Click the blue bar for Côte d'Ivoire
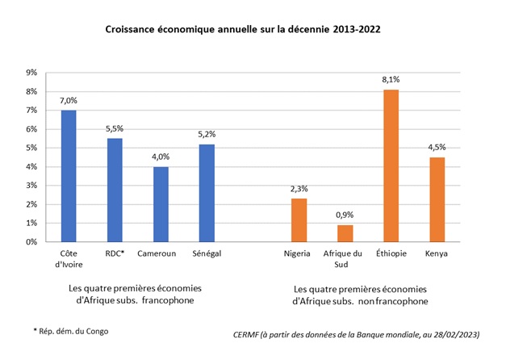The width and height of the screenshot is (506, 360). [69, 176]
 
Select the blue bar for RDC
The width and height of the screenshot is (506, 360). [115, 190]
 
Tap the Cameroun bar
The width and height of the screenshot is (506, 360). [161, 204]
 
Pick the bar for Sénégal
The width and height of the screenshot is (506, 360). [207, 193]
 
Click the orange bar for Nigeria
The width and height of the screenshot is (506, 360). [298, 220]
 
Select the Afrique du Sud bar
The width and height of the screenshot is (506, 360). [345, 233]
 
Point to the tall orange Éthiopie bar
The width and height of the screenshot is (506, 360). [391, 165]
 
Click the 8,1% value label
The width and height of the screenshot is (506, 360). [391, 79]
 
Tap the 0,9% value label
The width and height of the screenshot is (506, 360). [345, 215]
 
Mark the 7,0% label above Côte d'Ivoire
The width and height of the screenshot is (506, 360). [69, 100]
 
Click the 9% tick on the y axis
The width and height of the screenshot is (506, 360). [32, 73]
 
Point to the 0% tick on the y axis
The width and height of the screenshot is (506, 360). [32, 242]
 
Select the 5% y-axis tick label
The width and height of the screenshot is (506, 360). [32, 148]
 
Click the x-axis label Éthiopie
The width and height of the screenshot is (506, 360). [391, 253]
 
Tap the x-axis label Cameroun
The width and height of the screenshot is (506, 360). [161, 253]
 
